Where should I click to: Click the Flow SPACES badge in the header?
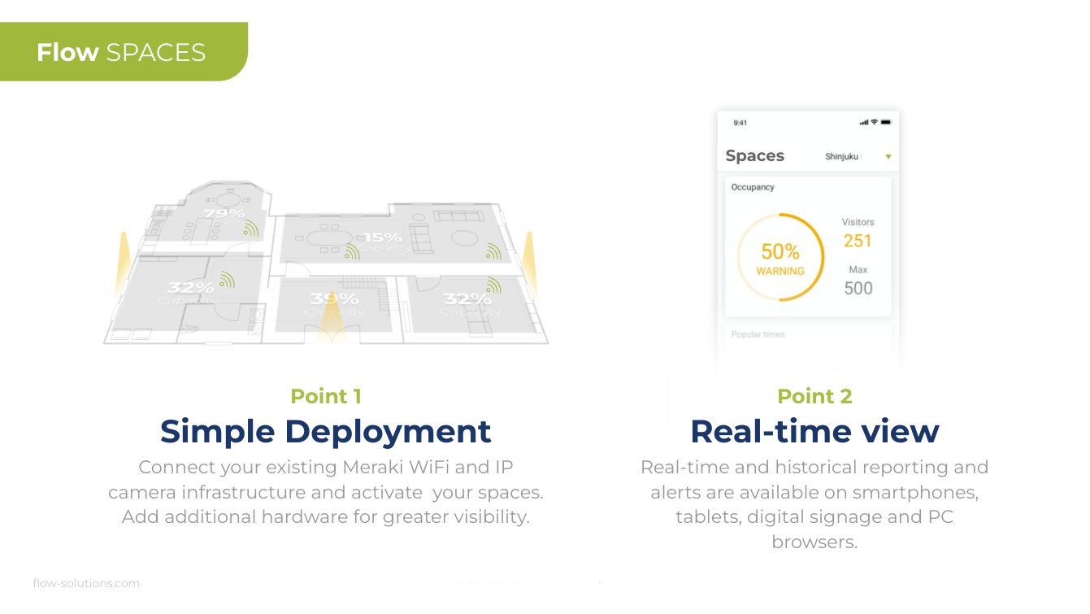click(121, 53)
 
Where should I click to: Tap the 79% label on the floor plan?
click(224, 214)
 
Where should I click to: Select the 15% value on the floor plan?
click(383, 237)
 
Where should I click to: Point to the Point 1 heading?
click(326, 396)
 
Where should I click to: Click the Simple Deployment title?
click(325, 431)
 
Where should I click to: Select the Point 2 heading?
click(814, 396)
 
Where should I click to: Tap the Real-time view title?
click(814, 431)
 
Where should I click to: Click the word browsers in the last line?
click(814, 542)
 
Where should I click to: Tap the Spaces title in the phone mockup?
click(755, 156)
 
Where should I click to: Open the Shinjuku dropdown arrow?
click(888, 157)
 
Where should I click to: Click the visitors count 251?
click(858, 241)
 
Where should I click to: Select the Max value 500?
click(858, 288)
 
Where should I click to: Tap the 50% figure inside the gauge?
click(780, 252)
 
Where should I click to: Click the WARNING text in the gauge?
click(780, 272)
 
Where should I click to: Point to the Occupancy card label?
click(753, 187)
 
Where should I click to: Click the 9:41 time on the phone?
click(740, 123)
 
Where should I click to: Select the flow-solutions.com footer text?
click(86, 583)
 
